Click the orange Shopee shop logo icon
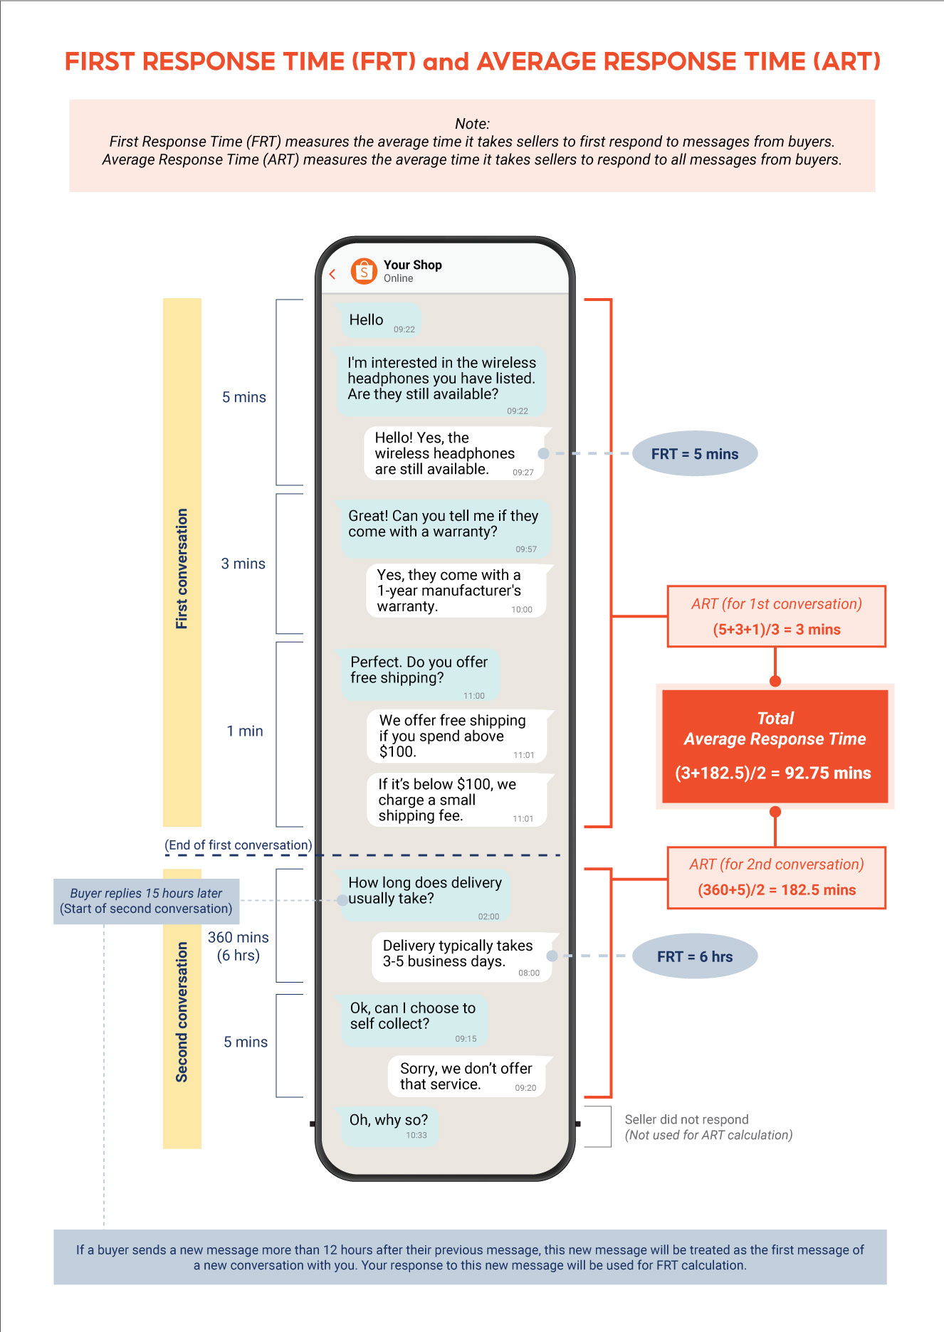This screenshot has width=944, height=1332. point(364,271)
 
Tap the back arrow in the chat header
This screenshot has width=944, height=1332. point(332,274)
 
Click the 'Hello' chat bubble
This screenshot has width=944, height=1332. point(380,320)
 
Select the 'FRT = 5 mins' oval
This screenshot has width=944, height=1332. point(694,454)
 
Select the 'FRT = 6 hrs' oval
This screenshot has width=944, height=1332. point(694,956)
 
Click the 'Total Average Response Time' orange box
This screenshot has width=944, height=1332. point(775,746)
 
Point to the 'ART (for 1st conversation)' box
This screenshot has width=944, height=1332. point(776,616)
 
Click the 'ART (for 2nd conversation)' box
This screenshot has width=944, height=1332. point(776,877)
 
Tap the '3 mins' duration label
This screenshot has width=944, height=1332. point(243,564)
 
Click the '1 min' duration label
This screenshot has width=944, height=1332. point(244,731)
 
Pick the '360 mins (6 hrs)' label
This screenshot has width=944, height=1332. point(238,946)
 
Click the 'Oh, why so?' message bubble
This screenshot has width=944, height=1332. point(389,1125)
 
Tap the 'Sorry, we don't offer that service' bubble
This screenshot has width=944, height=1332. point(466,1076)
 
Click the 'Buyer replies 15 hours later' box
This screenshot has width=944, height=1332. point(146,901)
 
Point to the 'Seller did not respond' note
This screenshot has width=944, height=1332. point(708,1127)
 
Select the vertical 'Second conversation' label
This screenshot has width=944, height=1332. point(182,1011)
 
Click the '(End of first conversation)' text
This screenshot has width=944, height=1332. point(238,845)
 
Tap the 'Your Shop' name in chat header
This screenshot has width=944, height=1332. point(412,265)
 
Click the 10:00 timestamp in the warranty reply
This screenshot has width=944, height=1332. point(521,610)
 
